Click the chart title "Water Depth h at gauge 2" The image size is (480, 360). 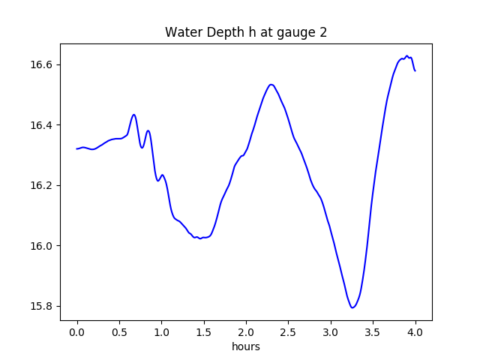tap(245, 32)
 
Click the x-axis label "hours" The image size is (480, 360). tap(245, 347)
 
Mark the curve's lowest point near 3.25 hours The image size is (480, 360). tap(352, 307)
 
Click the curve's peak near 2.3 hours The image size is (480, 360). tap(271, 84)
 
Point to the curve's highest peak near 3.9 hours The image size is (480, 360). tap(407, 55)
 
